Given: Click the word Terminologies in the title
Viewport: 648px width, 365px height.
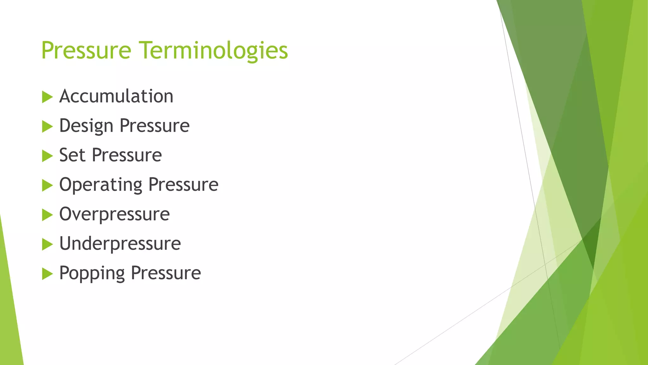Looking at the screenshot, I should click(214, 51).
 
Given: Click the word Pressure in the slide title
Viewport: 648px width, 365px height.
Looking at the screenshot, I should click(86, 51).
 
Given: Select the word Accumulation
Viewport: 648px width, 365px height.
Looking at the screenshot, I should click(116, 96).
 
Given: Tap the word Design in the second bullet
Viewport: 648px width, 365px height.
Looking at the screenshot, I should click(86, 126).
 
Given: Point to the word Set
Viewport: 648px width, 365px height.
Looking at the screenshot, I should click(72, 155).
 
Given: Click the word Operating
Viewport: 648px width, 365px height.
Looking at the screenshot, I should click(101, 185).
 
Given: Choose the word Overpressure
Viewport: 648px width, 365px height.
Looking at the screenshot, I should click(115, 214).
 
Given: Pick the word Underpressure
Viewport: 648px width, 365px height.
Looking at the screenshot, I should click(120, 244).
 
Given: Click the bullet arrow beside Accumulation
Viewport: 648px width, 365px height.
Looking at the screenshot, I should click(47, 97).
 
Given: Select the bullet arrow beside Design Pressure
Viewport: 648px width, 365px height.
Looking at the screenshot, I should click(47, 126).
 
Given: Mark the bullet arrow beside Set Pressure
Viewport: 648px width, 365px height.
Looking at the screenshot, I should click(47, 156).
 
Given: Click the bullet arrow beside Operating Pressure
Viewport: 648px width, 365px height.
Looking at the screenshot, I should click(47, 185).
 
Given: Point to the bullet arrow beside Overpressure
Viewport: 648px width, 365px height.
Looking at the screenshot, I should click(47, 215).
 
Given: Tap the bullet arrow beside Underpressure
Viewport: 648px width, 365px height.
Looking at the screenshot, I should click(47, 244).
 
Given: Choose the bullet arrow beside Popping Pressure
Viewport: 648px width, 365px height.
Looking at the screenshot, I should click(47, 274).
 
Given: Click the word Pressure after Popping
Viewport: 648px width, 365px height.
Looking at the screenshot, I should click(166, 273).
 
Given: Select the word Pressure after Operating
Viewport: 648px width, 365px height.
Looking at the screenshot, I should click(183, 185).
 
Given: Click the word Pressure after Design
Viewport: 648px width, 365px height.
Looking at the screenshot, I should click(154, 126).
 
